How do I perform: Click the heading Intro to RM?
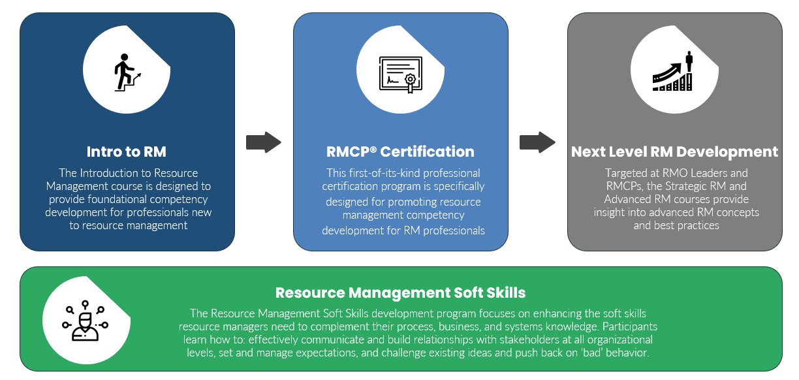[127, 152]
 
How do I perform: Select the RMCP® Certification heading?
[400, 152]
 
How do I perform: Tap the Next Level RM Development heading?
[674, 152]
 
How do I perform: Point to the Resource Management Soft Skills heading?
[400, 292]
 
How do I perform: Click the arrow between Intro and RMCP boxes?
[263, 142]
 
